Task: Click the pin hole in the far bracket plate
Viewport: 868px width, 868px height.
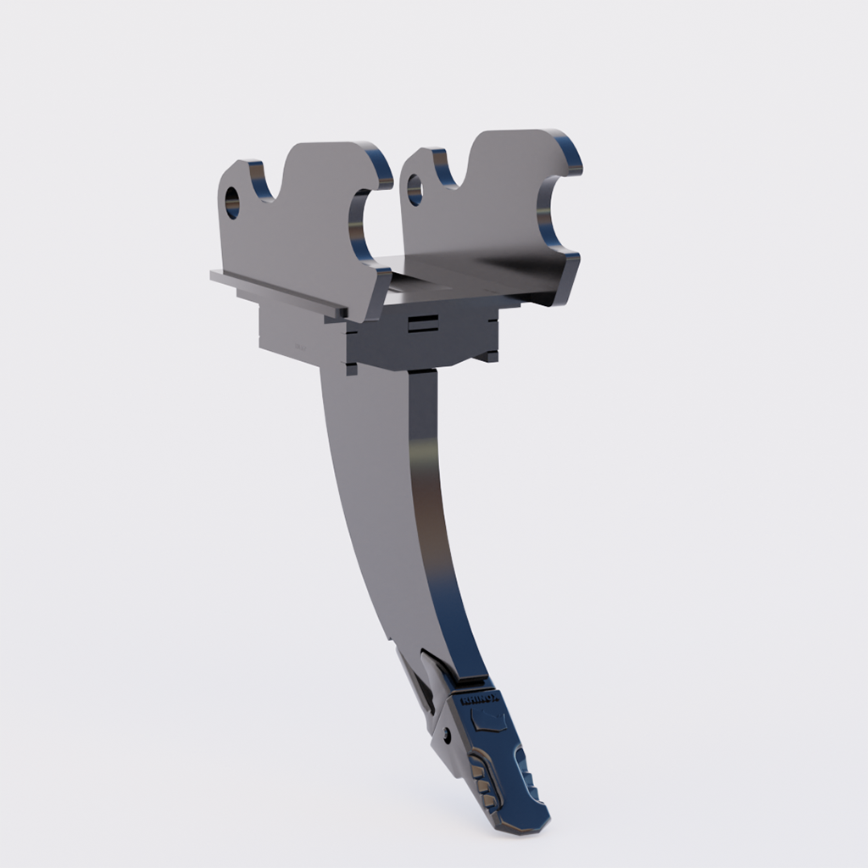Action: click(415, 190)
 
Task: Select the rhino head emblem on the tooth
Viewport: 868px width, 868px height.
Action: click(491, 722)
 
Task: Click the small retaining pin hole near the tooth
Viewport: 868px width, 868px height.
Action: click(447, 732)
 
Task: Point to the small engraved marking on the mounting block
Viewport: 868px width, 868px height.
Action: click(298, 347)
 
